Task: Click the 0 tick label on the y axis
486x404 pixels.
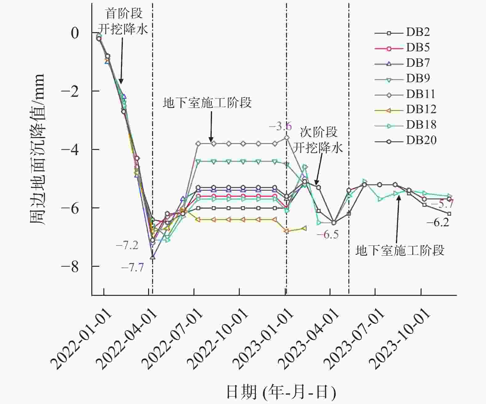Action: pyautogui.click(x=75, y=33)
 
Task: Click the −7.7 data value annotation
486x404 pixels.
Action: pyautogui.click(x=133, y=267)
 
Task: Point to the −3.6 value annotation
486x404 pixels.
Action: pyautogui.click(x=280, y=126)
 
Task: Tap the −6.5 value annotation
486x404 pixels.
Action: pyautogui.click(x=327, y=235)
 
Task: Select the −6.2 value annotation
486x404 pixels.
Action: pyautogui.click(x=438, y=222)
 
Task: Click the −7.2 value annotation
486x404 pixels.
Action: pyautogui.click(x=127, y=245)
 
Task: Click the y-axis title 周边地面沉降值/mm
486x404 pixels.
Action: pyautogui.click(x=38, y=149)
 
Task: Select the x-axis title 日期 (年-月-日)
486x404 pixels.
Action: pyautogui.click(x=281, y=392)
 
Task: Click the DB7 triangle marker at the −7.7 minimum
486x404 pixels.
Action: pyautogui.click(x=152, y=257)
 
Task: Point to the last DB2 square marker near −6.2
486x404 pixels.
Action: pyautogui.click(x=449, y=214)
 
